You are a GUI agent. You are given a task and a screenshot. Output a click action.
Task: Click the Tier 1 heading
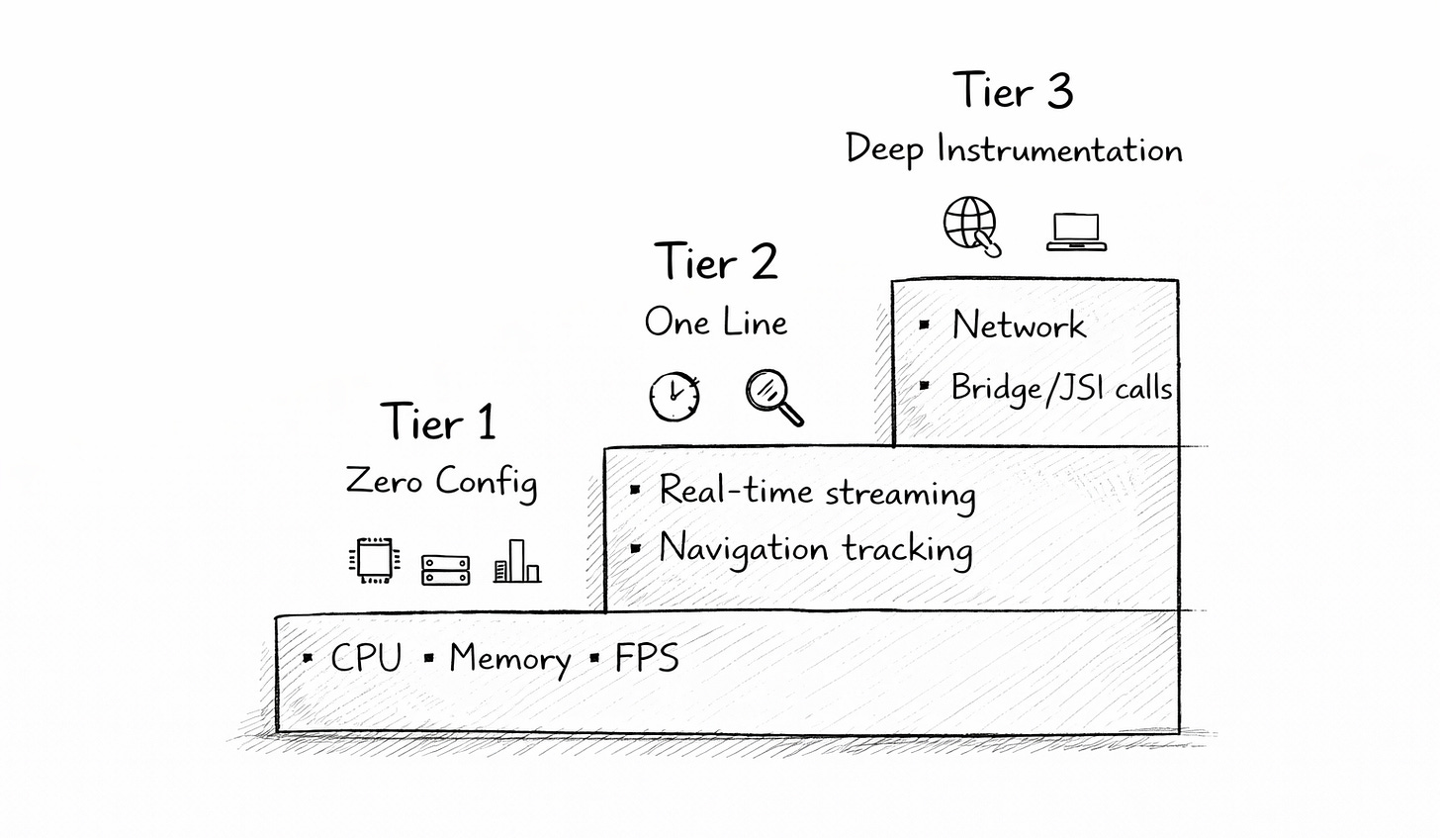[x=438, y=422]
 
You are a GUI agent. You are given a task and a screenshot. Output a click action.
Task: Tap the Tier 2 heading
[x=716, y=262]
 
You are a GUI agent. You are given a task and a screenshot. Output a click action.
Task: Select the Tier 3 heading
[x=1013, y=92]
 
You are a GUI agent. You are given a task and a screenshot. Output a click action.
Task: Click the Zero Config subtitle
[x=441, y=482]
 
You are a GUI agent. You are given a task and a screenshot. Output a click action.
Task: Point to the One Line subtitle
[x=716, y=323]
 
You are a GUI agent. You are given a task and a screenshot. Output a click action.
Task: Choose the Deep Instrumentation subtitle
[x=1014, y=150]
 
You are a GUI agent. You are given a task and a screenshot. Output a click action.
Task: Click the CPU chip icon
[x=374, y=561]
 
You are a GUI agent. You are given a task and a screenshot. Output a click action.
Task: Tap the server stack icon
[x=446, y=569]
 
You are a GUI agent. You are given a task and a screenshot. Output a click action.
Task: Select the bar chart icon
[x=517, y=561]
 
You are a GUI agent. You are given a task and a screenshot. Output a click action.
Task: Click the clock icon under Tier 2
[x=675, y=397]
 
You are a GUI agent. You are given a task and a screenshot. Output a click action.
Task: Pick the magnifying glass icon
[x=773, y=397]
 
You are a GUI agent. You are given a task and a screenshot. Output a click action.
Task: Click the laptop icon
[x=1076, y=232]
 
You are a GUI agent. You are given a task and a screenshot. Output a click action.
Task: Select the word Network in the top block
[x=1019, y=326]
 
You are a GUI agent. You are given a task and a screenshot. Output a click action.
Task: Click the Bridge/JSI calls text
[x=1061, y=388]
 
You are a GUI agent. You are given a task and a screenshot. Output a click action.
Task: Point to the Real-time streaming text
[x=817, y=492]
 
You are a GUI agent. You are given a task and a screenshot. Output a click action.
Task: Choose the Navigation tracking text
[x=816, y=549]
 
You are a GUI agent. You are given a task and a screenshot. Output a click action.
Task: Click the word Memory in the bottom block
[x=509, y=659]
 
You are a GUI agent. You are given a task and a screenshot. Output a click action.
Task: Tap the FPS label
[x=647, y=659]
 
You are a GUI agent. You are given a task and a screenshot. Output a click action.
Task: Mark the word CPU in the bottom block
[x=366, y=659]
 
